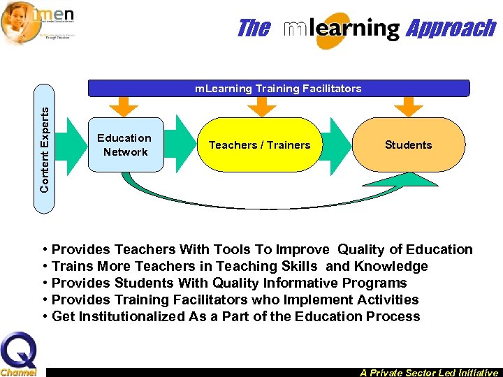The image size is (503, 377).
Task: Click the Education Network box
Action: coord(124,145)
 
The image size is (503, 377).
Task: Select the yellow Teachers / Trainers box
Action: coord(259,145)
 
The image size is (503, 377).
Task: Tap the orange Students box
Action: coord(408,145)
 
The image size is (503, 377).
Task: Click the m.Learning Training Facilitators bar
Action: coord(278,89)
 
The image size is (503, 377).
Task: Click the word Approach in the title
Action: coord(451,29)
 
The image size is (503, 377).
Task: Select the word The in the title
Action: coord(253,29)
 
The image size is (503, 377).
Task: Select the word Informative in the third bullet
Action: coord(301,283)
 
